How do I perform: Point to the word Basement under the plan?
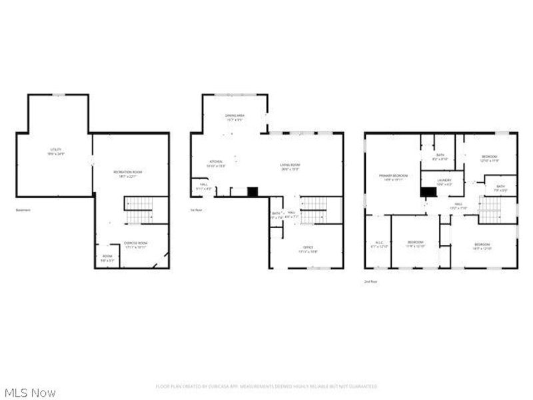click(23, 210)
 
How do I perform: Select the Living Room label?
click(290, 167)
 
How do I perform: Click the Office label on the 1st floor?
click(308, 249)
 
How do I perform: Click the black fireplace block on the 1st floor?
click(253, 192)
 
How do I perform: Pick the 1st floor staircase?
click(313, 211)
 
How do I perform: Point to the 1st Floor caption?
click(197, 210)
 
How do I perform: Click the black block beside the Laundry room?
click(428, 191)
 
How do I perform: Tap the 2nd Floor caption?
click(370, 282)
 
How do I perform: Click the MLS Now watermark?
click(30, 393)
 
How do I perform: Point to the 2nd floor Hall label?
click(459, 205)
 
